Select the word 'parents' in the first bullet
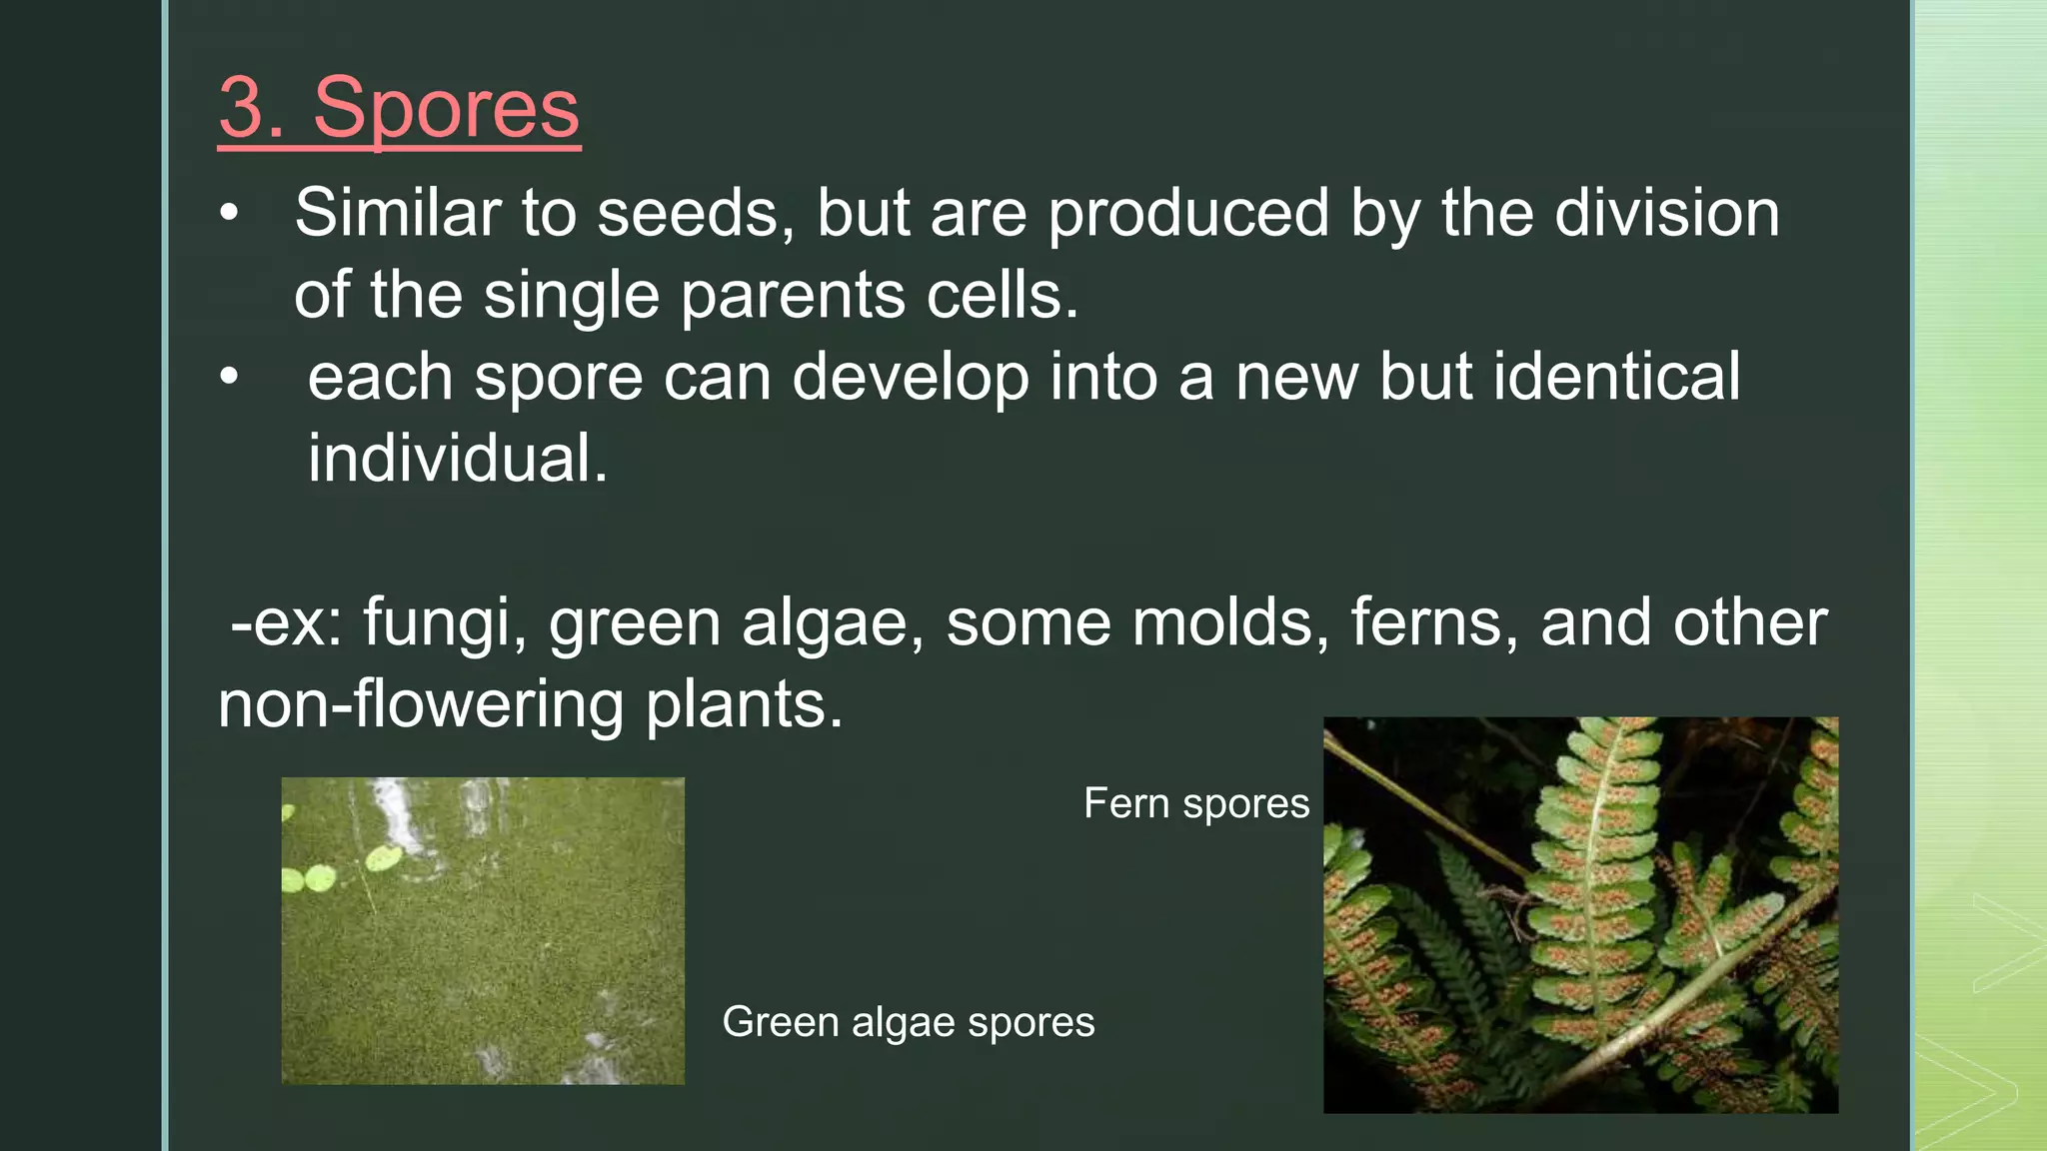pyautogui.click(x=793, y=297)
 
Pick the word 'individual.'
pyautogui.click(x=457, y=460)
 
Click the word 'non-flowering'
pyautogui.click(x=420, y=705)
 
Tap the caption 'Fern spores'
pyautogui.click(x=1195, y=804)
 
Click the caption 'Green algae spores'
pyautogui.click(x=908, y=1022)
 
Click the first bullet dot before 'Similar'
pyautogui.click(x=230, y=213)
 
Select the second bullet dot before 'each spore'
pyautogui.click(x=230, y=377)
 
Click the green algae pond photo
pyautogui.click(x=483, y=959)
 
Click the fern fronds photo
pyautogui.click(x=1579, y=914)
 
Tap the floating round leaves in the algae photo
pyautogui.click(x=381, y=857)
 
